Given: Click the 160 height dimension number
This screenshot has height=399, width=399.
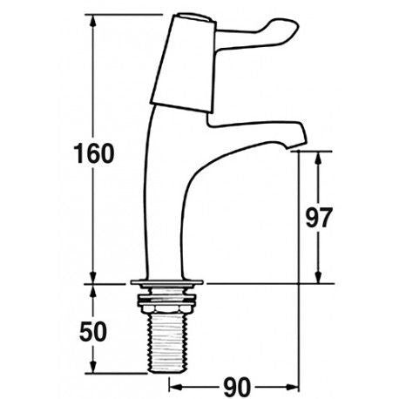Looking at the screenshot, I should click(x=93, y=153).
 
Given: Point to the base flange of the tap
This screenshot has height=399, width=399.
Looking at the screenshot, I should click(x=167, y=282).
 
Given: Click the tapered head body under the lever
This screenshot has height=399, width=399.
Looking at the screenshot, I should click(x=185, y=71).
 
